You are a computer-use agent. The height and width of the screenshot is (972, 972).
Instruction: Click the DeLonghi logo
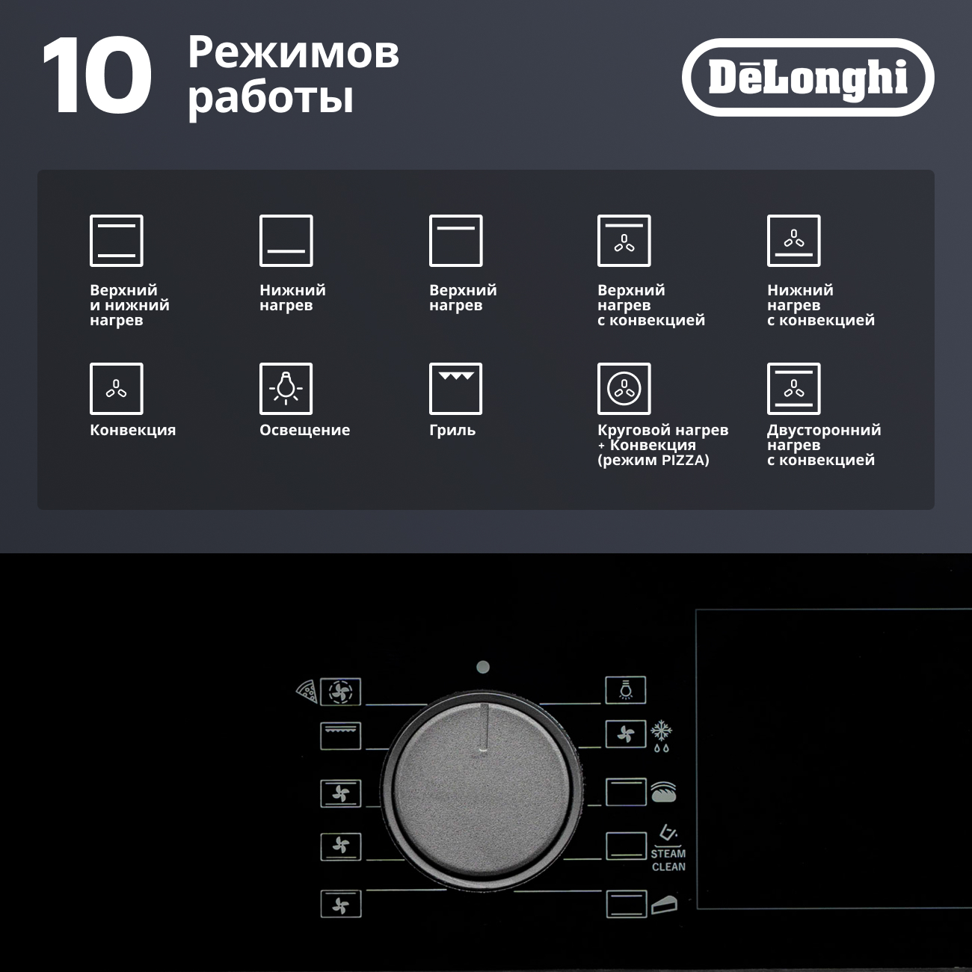click(x=808, y=77)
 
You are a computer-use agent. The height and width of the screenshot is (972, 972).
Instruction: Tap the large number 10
click(x=97, y=76)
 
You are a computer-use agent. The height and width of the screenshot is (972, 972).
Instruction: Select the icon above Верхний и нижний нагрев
click(x=117, y=241)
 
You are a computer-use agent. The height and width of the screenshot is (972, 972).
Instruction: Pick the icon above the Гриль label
click(x=455, y=388)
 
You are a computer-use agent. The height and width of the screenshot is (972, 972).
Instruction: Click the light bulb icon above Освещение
click(x=286, y=388)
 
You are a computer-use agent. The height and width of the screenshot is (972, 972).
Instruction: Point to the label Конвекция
click(x=132, y=430)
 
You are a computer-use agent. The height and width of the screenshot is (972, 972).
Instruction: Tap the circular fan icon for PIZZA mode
click(x=624, y=388)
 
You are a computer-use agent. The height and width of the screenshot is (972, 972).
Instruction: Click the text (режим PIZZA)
click(x=653, y=460)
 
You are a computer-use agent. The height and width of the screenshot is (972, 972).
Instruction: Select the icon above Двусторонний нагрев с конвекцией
click(x=794, y=388)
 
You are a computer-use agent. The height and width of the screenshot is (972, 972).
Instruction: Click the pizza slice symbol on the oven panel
click(x=307, y=691)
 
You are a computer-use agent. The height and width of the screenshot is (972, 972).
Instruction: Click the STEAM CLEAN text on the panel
click(x=668, y=860)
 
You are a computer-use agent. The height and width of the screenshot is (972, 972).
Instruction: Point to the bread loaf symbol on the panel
click(x=663, y=792)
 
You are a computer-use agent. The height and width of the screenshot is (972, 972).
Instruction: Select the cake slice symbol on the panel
click(x=664, y=905)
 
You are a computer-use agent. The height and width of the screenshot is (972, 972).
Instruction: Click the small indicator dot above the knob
click(x=483, y=668)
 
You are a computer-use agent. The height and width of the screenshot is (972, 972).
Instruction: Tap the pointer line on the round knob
click(x=484, y=726)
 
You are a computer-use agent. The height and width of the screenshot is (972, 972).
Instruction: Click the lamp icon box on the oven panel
click(x=626, y=690)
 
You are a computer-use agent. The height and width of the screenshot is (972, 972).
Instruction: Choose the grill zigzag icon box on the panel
click(x=340, y=736)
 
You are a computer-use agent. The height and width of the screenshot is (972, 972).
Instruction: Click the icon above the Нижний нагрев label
click(x=286, y=241)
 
